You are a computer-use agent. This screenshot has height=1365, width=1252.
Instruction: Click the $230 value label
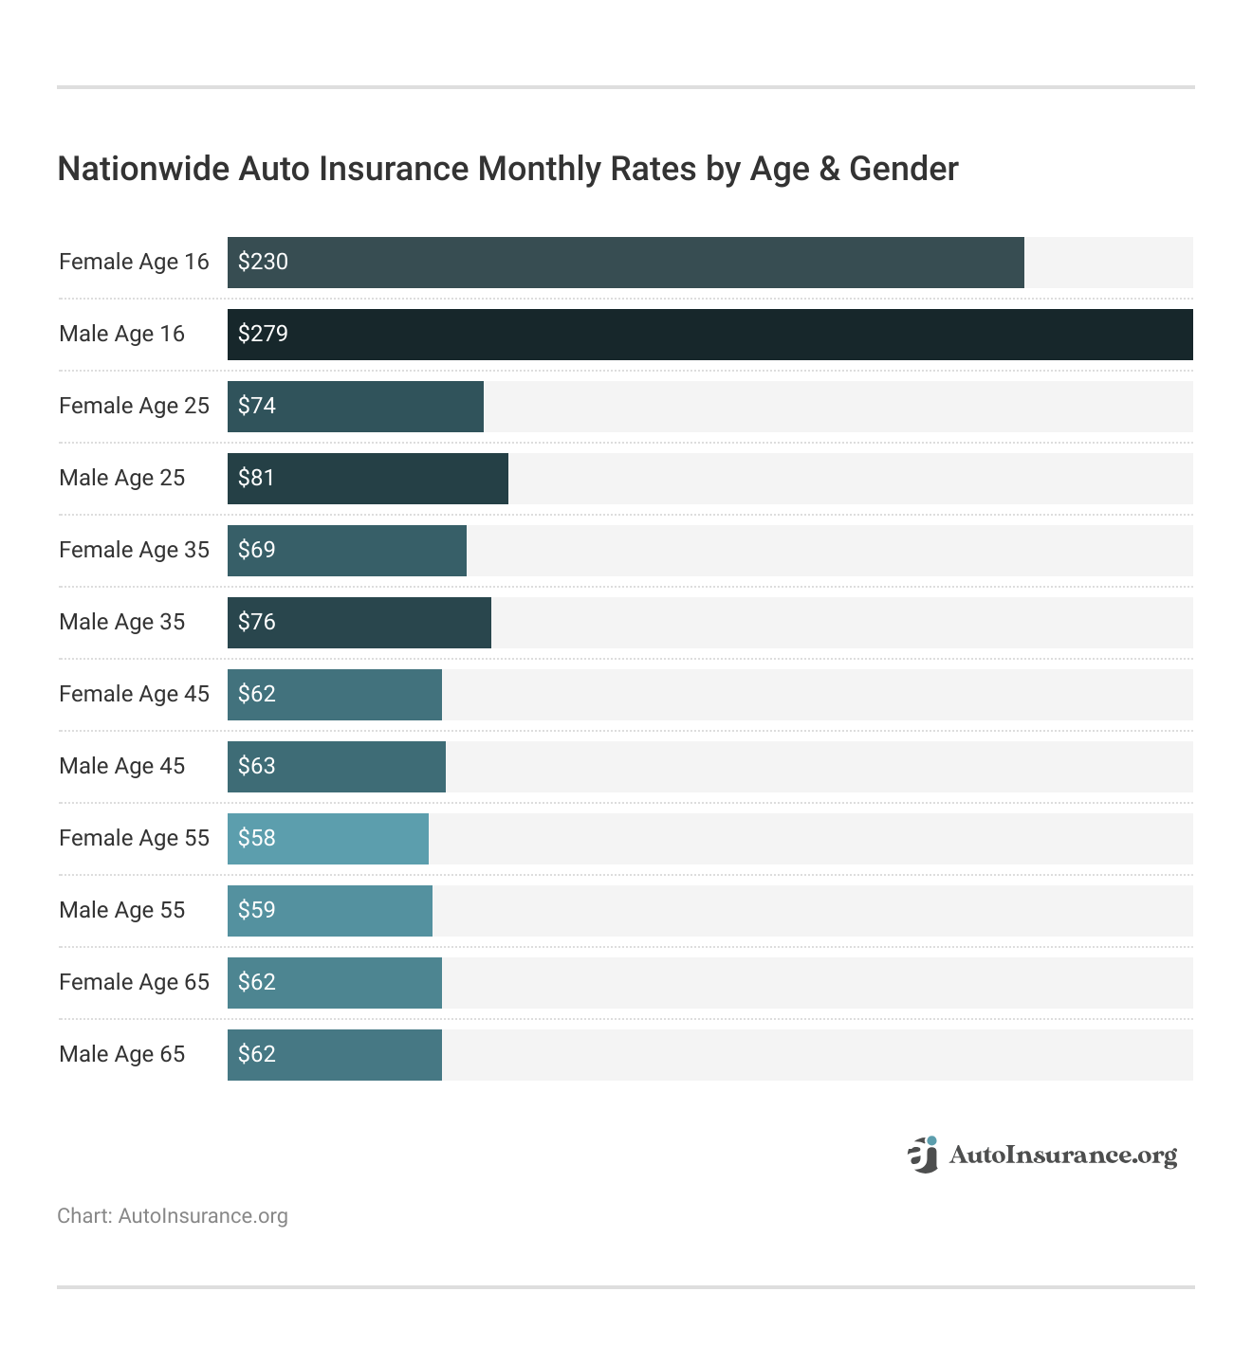click(x=263, y=262)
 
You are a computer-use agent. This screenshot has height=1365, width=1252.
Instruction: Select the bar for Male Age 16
click(x=709, y=335)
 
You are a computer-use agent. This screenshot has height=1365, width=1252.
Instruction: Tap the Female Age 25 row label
click(x=134, y=406)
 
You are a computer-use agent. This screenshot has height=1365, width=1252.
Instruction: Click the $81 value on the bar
click(x=256, y=478)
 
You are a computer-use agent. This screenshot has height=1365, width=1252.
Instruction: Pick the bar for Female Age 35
click(x=347, y=551)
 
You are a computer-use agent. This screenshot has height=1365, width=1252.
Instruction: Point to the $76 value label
click(x=256, y=622)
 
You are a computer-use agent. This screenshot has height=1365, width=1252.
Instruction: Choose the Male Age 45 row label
click(x=121, y=766)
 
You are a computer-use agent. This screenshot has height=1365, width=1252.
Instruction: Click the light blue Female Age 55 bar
click(x=328, y=839)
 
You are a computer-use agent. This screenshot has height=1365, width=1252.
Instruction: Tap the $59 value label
click(x=256, y=910)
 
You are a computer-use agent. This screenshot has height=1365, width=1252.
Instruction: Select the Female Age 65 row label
click(x=134, y=982)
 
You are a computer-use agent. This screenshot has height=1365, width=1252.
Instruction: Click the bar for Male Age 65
click(x=335, y=1055)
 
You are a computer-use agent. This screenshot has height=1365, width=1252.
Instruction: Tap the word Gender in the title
click(x=903, y=169)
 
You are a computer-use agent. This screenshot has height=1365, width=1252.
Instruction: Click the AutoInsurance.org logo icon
click(x=922, y=1154)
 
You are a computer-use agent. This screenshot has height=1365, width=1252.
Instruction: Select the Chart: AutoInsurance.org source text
click(x=173, y=1216)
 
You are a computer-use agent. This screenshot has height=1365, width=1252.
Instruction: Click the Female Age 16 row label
click(x=134, y=262)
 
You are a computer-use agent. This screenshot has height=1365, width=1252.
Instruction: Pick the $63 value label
click(x=256, y=766)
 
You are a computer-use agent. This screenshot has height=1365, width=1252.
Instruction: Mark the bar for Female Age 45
click(x=335, y=695)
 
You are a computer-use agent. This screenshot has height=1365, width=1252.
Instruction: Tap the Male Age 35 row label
click(x=121, y=622)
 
